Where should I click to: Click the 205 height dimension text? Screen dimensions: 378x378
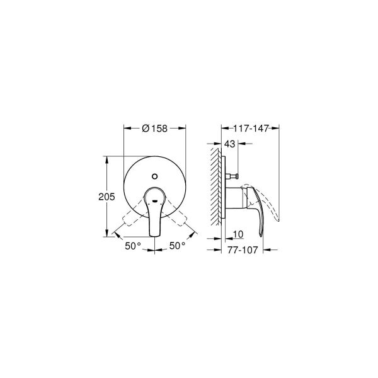click(106, 197)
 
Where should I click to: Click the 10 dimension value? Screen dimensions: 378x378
click(238, 234)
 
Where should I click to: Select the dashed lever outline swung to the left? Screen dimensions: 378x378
click(130, 220)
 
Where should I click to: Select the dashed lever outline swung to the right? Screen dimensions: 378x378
click(180, 220)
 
